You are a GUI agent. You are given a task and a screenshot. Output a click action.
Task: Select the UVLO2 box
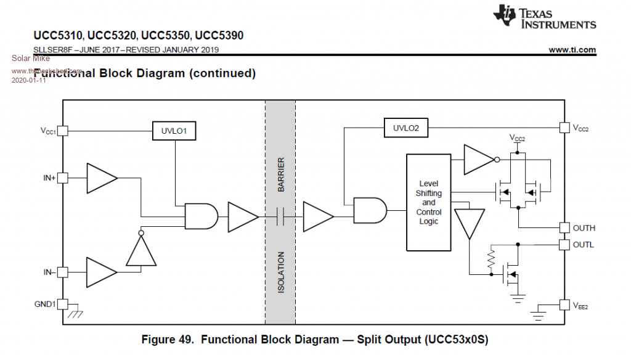(x=405, y=128)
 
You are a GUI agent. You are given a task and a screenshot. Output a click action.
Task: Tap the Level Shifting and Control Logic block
(x=428, y=202)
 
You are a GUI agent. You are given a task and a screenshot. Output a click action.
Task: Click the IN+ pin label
(x=49, y=178)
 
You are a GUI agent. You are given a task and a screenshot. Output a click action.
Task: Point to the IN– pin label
(x=49, y=272)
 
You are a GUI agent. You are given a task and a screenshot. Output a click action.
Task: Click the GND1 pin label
(x=45, y=304)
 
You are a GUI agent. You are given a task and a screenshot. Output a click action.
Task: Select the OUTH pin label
(x=584, y=228)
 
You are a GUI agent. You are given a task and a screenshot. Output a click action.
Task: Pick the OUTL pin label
(x=584, y=245)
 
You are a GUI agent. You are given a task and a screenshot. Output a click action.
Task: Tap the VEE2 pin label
(x=580, y=305)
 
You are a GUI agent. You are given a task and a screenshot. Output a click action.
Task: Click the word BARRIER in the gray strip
(x=281, y=174)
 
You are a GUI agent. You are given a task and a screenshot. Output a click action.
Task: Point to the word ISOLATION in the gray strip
(x=281, y=272)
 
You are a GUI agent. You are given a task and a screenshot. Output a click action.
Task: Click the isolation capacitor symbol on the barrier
(x=280, y=216)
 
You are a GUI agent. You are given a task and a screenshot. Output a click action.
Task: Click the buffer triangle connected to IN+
(x=100, y=178)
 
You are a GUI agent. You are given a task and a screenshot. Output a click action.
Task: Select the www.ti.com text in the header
(x=572, y=50)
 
